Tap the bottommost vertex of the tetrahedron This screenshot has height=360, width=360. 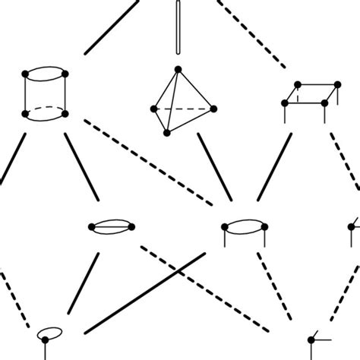167,132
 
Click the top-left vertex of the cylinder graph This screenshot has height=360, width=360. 27,74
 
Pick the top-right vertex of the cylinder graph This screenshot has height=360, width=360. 66,74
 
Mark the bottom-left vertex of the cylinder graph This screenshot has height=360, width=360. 27,114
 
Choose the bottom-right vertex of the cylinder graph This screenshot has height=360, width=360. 66,114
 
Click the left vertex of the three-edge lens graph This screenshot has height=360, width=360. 91,226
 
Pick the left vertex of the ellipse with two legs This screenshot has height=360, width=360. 224,227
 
